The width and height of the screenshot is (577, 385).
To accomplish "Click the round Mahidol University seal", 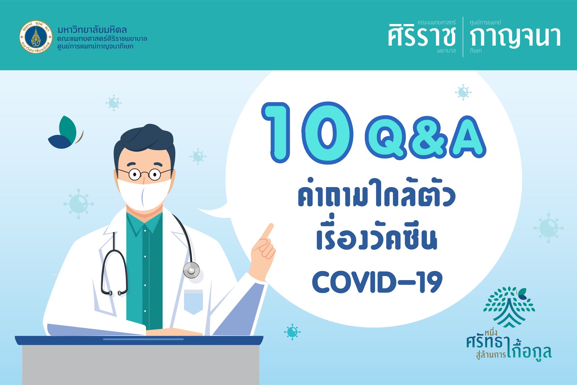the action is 36,37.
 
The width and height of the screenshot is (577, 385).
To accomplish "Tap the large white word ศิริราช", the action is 422,35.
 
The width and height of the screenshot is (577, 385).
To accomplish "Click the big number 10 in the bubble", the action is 307,133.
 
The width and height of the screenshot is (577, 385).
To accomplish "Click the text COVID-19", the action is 377,282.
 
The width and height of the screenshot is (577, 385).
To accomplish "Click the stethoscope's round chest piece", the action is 191,271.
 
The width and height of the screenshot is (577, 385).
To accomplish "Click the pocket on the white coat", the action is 193,302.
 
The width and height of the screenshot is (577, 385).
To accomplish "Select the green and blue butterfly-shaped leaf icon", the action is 66,133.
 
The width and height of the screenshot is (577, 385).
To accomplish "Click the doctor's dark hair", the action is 144,142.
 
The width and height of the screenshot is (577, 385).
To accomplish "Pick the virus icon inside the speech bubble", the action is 463,92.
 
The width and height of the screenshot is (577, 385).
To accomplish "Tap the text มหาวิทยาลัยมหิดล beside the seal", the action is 92,30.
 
